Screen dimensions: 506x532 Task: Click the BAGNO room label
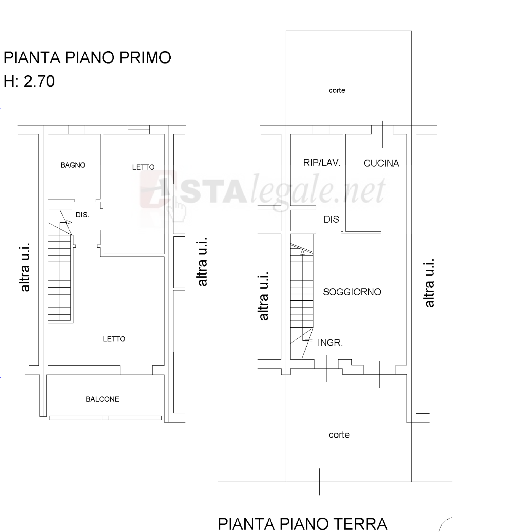[73, 165]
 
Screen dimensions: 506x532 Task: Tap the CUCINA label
[381, 163]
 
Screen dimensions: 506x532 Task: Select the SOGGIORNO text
[352, 292]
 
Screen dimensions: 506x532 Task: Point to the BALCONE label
[102, 399]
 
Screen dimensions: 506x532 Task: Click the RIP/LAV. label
[322, 163]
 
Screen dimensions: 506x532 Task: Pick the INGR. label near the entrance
[330, 343]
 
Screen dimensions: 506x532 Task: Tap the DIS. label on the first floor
[82, 215]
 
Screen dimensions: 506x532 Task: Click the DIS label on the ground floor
[331, 219]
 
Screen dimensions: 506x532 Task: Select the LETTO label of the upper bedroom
[143, 167]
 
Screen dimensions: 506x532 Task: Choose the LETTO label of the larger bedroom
[114, 339]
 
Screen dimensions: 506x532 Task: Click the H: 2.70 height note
[29, 81]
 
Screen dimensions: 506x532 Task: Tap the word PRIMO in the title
[145, 57]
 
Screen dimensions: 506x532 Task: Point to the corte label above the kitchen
[337, 90]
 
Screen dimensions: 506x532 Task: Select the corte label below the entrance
[339, 435]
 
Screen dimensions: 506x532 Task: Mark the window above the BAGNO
[77, 130]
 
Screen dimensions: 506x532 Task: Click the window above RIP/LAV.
[321, 130]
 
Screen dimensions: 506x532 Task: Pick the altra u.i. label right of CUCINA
[429, 283]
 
